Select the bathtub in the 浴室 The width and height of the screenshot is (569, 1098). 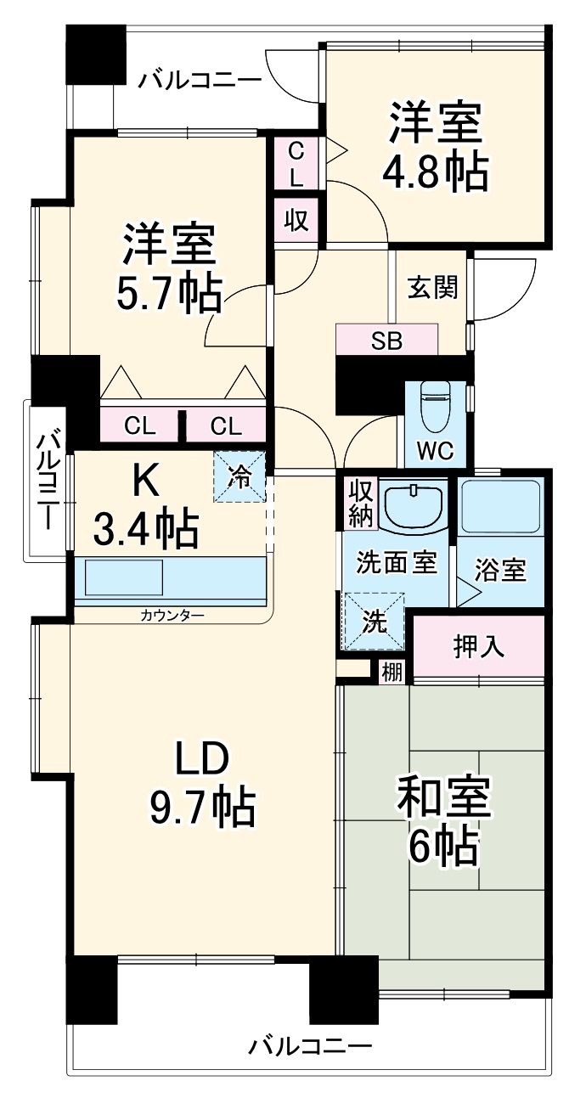coord(501,508)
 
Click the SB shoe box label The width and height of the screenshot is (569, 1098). coord(387,341)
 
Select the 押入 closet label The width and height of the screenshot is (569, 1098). coord(479,648)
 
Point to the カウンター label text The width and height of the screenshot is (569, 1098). coord(172,615)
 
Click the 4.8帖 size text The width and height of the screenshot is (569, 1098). coord(436,172)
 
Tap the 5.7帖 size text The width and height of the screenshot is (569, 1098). coord(168,294)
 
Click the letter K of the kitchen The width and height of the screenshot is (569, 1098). coord(144,482)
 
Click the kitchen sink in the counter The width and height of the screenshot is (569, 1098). coord(123,577)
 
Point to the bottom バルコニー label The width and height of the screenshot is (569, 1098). coord(310,1046)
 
